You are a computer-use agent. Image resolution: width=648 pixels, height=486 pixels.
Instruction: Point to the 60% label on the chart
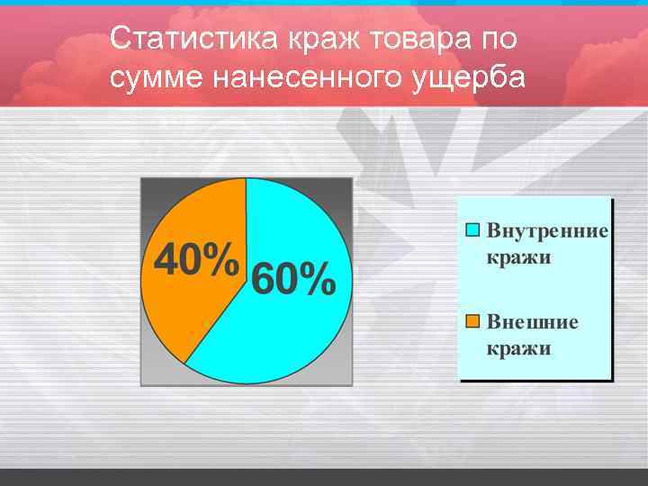coord(293,280)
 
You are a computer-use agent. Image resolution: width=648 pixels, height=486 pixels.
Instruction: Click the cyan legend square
coord(472,229)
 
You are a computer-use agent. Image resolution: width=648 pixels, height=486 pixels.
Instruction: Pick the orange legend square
coord(472,321)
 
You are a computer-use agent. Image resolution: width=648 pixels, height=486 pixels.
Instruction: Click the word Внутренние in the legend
coord(547,230)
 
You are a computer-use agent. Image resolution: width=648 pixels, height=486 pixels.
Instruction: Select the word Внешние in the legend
coord(532,322)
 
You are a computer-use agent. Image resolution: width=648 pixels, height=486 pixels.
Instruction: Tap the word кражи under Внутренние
coord(518,257)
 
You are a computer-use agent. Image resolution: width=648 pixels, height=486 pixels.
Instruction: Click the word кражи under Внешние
coord(518,348)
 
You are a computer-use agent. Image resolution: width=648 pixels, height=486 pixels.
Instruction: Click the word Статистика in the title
coord(193,40)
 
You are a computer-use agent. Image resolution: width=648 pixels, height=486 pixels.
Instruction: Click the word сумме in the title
coord(157,78)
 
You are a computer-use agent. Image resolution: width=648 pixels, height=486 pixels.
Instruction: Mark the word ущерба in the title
coord(467,78)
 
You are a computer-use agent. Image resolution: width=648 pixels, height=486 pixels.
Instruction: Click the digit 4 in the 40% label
coord(166,261)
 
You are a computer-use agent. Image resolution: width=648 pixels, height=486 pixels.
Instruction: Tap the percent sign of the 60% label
coord(318,280)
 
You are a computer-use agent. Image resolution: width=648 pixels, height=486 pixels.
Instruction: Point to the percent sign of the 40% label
coord(221,261)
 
